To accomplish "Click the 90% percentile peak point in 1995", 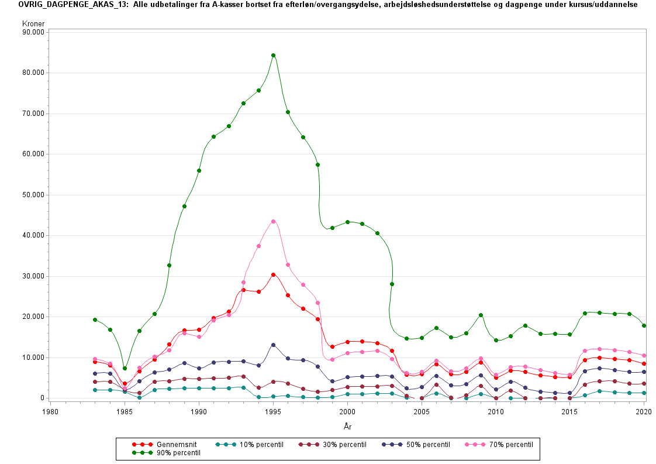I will coord(273,56).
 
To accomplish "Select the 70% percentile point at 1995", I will coord(273,221).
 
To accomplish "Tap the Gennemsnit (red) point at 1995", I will coord(273,274).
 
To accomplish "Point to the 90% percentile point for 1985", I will coord(125,368).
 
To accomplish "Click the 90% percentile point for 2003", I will coord(392,284).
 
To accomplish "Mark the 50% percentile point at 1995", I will coord(273,345).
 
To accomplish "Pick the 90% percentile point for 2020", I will coord(644,326).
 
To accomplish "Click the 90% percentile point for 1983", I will coord(95,319).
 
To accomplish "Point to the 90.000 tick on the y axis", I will coord(33,32).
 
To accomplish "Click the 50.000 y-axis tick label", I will coord(33,195).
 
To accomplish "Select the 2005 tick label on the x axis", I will coord(422,412).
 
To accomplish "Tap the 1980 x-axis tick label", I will coord(50,412).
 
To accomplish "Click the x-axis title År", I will coord(347,427).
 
